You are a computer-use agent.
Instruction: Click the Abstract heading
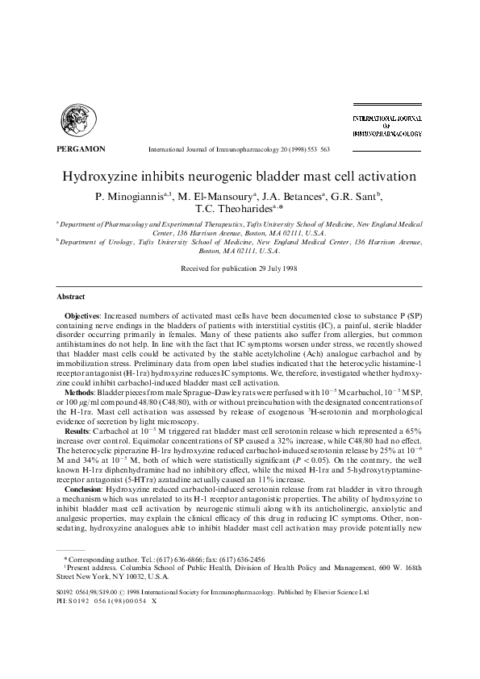pyautogui.click(x=70, y=297)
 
